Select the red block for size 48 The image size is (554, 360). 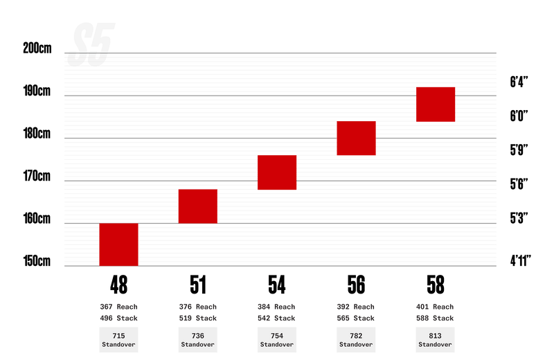click(x=118, y=244)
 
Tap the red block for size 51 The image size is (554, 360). click(x=198, y=206)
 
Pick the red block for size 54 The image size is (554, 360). click(x=277, y=172)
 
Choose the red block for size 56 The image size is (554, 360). click(x=356, y=138)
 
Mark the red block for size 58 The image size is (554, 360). click(x=436, y=104)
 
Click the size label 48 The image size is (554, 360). click(x=118, y=285)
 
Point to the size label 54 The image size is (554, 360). click(x=277, y=285)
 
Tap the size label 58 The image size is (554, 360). click(x=436, y=285)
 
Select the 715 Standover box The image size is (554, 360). click(x=118, y=340)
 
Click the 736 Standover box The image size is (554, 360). click(x=198, y=340)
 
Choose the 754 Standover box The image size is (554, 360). click(x=277, y=340)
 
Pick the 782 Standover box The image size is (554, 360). click(x=356, y=340)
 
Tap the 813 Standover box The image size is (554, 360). click(x=436, y=340)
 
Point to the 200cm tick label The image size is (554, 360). click(x=37, y=49)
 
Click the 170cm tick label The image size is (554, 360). click(x=37, y=176)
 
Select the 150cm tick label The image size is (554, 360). click(x=37, y=261)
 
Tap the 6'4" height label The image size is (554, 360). click(x=519, y=82)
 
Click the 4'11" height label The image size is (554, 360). click(x=520, y=261)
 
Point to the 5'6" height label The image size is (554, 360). click(x=519, y=183)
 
